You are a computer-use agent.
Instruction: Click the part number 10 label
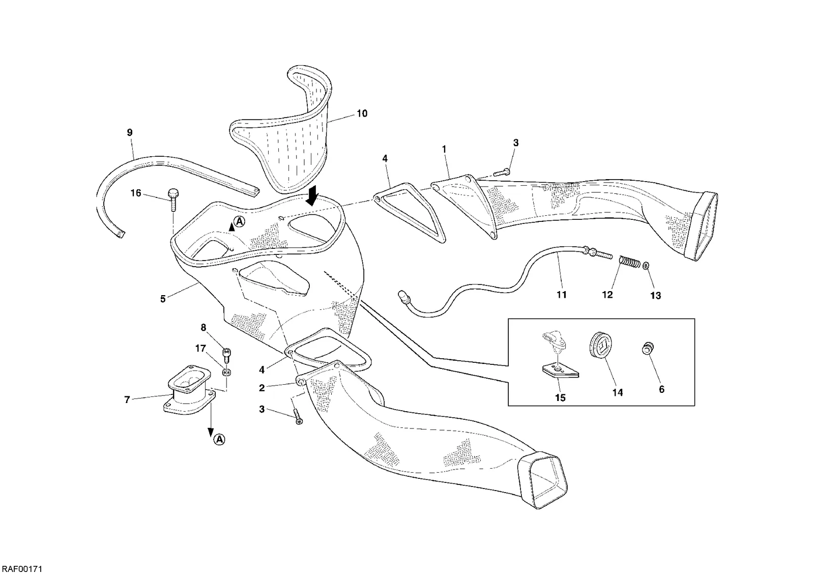(x=362, y=114)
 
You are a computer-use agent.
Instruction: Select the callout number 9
(x=130, y=133)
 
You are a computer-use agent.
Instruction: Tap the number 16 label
(x=136, y=193)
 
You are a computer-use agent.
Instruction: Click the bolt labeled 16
(x=173, y=200)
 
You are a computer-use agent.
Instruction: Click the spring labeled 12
(x=629, y=263)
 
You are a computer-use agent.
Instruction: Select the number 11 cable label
(x=562, y=295)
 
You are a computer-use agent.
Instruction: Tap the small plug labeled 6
(x=647, y=349)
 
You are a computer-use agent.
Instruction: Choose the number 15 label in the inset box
(x=560, y=398)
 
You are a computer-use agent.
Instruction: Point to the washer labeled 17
(x=227, y=372)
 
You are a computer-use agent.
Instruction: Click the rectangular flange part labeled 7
(x=188, y=390)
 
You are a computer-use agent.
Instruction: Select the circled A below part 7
(x=219, y=440)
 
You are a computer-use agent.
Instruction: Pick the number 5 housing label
(x=163, y=299)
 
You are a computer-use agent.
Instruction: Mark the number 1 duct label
(x=444, y=150)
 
